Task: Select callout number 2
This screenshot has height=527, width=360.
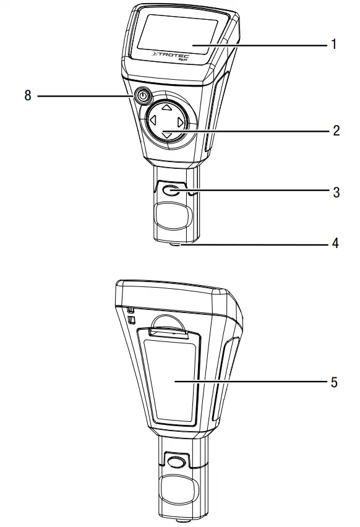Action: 335,131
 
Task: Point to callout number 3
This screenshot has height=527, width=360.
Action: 335,192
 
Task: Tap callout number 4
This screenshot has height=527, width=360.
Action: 335,244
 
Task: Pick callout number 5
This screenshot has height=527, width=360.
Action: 335,382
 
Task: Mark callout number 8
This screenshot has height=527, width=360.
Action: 28,96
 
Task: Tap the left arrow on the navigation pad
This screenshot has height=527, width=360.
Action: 151,122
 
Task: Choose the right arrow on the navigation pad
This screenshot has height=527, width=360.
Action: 180,122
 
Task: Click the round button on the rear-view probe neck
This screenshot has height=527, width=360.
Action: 176,461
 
